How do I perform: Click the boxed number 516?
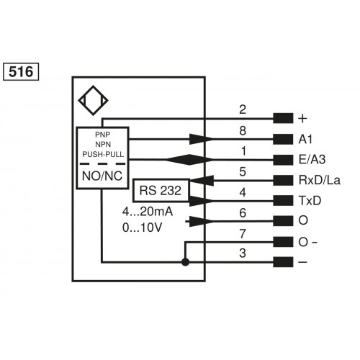click(22, 71)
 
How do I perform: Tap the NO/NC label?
click(104, 174)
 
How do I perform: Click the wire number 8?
click(243, 130)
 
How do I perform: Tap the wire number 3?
click(243, 252)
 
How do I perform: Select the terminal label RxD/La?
click(318, 180)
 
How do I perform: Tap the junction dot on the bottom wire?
click(186, 262)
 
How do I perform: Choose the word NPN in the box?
click(104, 144)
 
